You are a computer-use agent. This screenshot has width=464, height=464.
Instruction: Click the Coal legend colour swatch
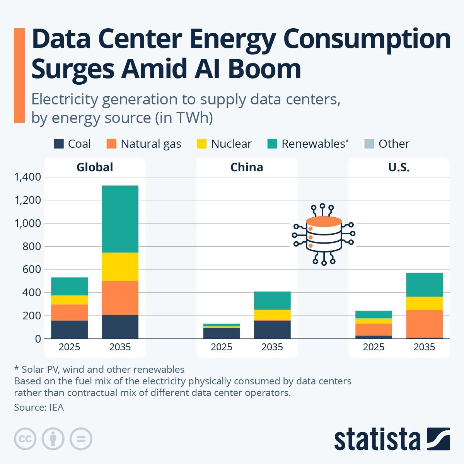pyautogui.click(x=58, y=144)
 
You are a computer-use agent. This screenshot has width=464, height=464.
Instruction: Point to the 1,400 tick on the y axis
pyautogui.click(x=27, y=177)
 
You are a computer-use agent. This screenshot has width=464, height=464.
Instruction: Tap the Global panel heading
pyautogui.click(x=95, y=167)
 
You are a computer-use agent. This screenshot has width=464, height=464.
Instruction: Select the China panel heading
pyautogui.click(x=247, y=167)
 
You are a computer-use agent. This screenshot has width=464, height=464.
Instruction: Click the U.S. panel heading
pyautogui.click(x=399, y=167)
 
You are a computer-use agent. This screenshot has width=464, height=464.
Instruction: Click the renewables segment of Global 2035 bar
pyautogui.click(x=120, y=219)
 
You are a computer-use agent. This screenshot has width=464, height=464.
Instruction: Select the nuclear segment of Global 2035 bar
pyautogui.click(x=120, y=267)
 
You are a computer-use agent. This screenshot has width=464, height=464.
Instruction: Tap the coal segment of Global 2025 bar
pyautogui.click(x=69, y=329)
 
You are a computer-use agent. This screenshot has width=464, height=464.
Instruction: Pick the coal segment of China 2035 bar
pyautogui.click(x=272, y=329)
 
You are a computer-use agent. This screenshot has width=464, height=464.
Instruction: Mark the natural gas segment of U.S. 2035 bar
pyautogui.click(x=424, y=324)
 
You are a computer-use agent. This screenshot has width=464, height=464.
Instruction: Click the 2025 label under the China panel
pyautogui.click(x=222, y=347)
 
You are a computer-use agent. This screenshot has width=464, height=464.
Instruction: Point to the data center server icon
pyautogui.click(x=324, y=235)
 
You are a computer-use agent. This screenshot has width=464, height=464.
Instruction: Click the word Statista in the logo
pyautogui.click(x=377, y=439)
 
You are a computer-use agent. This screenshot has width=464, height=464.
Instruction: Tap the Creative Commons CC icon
pyautogui.click(x=25, y=439)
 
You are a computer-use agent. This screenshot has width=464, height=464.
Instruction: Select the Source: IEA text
pyautogui.click(x=39, y=407)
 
